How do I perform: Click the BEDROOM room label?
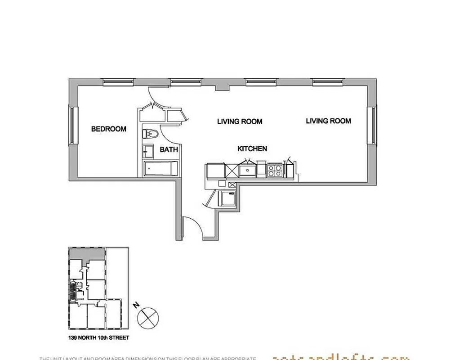(x=109, y=129)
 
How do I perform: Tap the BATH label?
(x=169, y=149)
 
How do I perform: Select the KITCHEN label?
(x=252, y=148)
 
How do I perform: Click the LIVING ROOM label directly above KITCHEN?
(x=240, y=121)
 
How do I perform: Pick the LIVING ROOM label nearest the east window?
(x=328, y=121)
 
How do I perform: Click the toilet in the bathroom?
(x=150, y=134)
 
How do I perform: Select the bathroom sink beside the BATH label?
(x=147, y=150)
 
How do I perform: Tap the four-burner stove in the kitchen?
(x=275, y=171)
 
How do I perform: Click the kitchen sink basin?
(x=248, y=171)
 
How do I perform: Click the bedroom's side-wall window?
(x=71, y=125)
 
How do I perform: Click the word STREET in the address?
(x=117, y=337)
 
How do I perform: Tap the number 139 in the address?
(x=74, y=337)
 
